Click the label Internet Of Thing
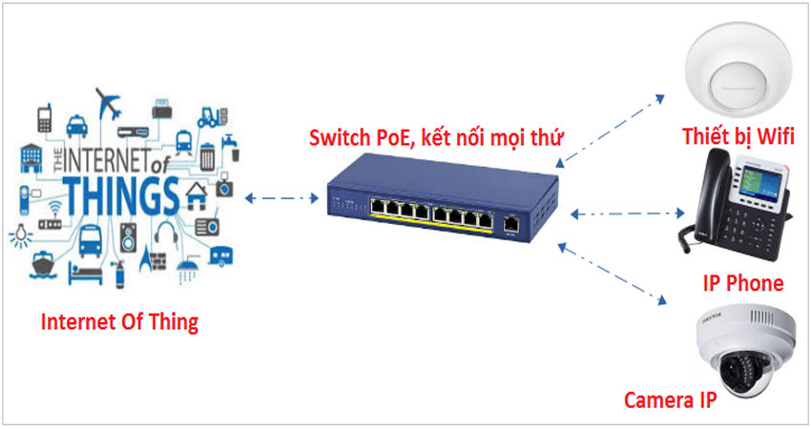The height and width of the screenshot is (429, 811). pyautogui.click(x=119, y=322)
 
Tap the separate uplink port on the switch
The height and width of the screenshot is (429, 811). pyautogui.click(x=511, y=224)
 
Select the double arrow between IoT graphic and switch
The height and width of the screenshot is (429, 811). pyautogui.click(x=281, y=198)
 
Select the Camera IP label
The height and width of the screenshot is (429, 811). pyautogui.click(x=670, y=399)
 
